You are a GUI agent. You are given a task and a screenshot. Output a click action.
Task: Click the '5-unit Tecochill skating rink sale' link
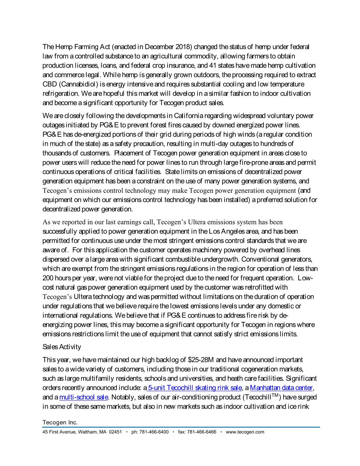click(x=195, y=388)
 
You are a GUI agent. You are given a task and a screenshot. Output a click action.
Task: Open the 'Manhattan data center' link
click(x=282, y=388)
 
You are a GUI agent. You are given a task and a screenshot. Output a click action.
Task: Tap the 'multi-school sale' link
click(x=84, y=397)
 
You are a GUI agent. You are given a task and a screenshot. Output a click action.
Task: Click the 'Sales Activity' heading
click(x=62, y=347)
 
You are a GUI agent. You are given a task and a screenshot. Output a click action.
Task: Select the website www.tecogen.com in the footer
click(x=245, y=432)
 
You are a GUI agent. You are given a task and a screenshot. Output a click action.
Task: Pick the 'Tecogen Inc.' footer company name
click(x=60, y=423)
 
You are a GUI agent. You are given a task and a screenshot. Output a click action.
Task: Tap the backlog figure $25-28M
click(x=201, y=360)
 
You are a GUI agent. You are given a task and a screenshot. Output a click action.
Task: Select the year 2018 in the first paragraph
click(x=184, y=47)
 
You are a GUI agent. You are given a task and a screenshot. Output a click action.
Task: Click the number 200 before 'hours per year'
click(x=48, y=278)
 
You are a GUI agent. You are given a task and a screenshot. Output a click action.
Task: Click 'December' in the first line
click(x=159, y=47)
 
